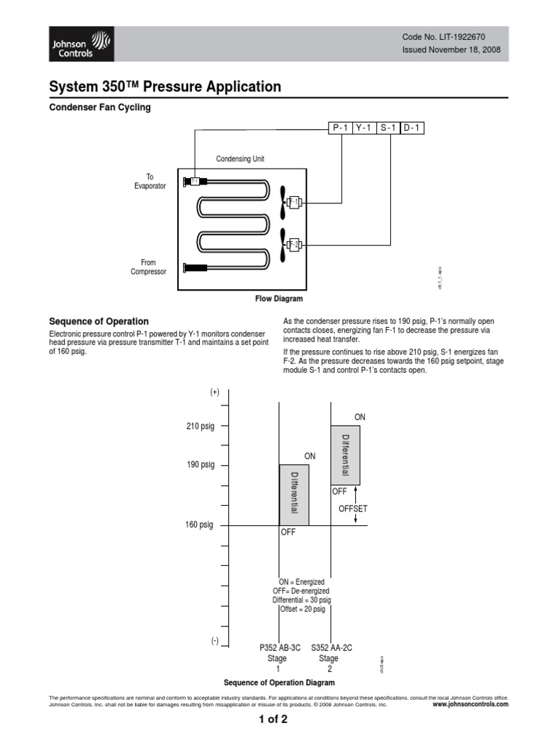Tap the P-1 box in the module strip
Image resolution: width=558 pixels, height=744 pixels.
[339, 128]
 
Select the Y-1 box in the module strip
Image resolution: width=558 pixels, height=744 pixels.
[363, 128]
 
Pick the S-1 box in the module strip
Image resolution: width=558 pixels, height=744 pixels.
[387, 128]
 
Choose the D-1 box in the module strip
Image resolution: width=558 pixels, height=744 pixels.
[411, 128]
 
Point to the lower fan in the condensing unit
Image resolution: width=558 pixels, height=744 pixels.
[283, 243]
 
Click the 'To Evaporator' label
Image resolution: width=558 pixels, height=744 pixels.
[150, 182]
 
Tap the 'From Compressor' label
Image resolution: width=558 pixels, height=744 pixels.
[148, 267]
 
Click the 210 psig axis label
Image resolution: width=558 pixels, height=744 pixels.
[200, 426]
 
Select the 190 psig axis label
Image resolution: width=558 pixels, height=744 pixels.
[200, 465]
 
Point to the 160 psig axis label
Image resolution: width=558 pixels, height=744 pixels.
[199, 525]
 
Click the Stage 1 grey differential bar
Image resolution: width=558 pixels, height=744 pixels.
[294, 494]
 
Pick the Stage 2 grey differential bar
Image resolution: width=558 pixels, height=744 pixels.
[345, 455]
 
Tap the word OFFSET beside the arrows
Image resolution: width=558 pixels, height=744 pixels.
[353, 509]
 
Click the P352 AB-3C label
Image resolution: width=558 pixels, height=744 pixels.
[280, 647]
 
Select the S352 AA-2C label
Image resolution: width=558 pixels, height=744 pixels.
[331, 647]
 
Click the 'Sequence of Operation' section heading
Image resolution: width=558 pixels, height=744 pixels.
[98, 321]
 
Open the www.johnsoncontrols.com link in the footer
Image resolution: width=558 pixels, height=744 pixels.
[470, 704]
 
